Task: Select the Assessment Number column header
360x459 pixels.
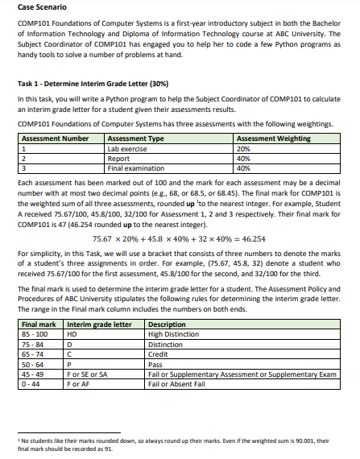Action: coord(54,139)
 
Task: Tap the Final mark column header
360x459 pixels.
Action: coord(38,324)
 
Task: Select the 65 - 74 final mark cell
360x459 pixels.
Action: coord(34,354)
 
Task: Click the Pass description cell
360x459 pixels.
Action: coord(156,364)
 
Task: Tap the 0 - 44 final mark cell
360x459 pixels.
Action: coord(31,383)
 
